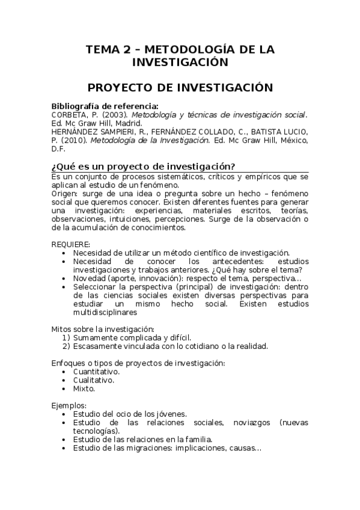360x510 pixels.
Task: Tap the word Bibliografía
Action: point(81,106)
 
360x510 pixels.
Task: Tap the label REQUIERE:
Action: point(71,244)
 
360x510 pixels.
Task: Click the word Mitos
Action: point(63,329)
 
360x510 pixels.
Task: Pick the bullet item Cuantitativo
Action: point(96,372)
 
